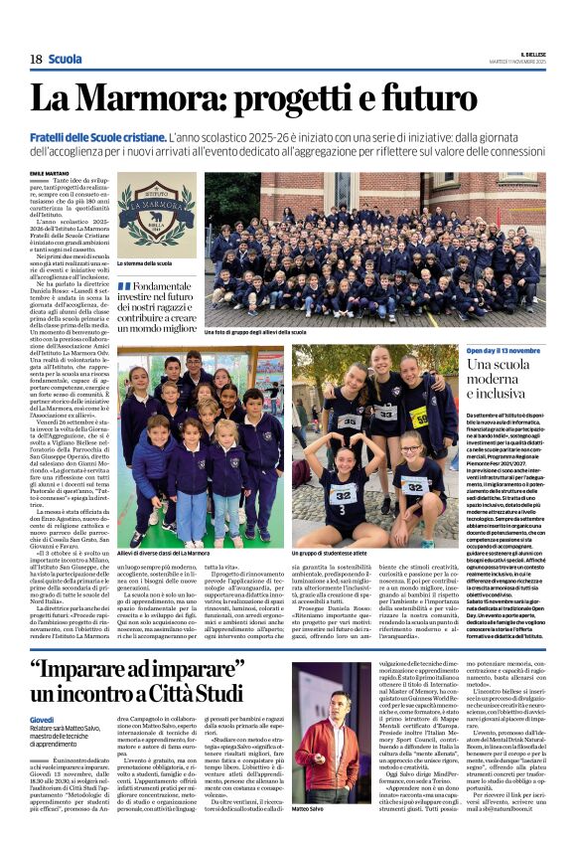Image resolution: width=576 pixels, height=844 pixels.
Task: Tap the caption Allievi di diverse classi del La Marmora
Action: pyautogui.click(x=164, y=553)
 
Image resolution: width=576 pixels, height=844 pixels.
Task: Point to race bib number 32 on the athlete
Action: pyautogui.click(x=342, y=494)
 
